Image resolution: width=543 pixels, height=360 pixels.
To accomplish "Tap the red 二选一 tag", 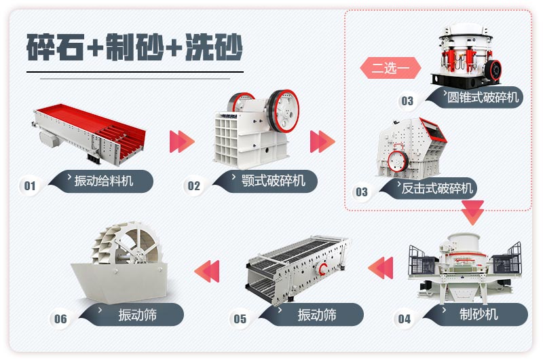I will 390,69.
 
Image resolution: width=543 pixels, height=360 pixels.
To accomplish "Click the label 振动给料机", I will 105,181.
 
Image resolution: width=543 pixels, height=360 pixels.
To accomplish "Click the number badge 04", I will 405,319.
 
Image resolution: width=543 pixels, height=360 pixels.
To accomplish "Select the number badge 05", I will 240,319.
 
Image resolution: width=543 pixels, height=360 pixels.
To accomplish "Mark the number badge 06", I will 61,319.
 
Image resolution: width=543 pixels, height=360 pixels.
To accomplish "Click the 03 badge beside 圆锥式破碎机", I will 407,101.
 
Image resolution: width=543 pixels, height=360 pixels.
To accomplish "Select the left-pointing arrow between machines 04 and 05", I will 381,266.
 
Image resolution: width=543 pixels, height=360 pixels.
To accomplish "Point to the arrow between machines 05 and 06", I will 207,270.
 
